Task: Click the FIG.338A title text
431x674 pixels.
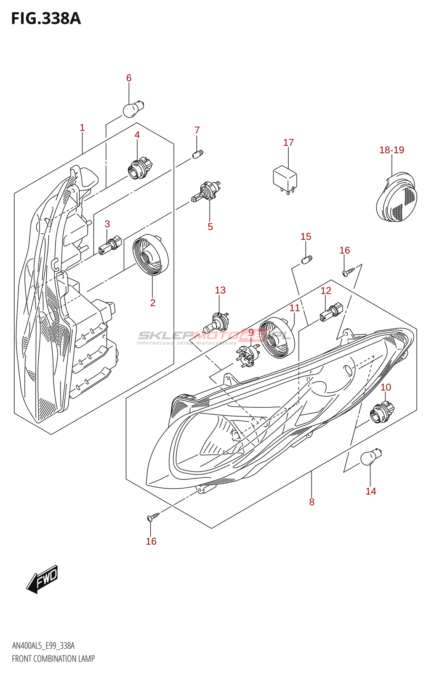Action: (x=46, y=19)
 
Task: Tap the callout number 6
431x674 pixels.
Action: (x=129, y=78)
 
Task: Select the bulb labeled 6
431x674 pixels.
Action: (x=133, y=109)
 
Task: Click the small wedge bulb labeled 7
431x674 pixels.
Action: (x=197, y=154)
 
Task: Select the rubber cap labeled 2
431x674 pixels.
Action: (x=150, y=255)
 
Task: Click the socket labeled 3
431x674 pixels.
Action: (x=109, y=246)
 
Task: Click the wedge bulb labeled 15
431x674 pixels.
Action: (x=307, y=259)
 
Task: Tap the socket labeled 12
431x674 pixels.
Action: (x=331, y=312)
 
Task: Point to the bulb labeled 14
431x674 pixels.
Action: (x=370, y=457)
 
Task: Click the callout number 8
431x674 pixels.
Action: (x=311, y=502)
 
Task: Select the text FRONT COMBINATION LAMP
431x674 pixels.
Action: (x=53, y=658)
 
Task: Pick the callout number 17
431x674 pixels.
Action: (x=288, y=143)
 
